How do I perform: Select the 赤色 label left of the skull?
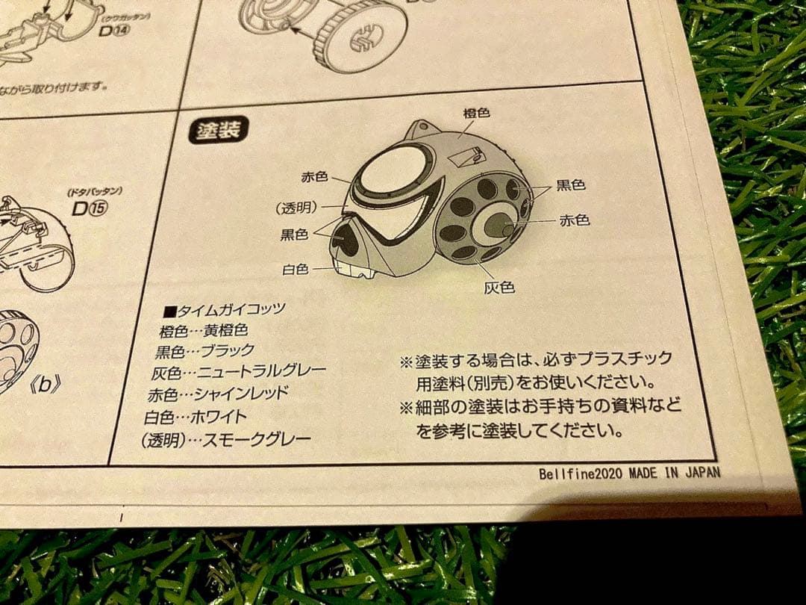click(x=314, y=177)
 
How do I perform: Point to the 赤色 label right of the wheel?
click(x=574, y=220)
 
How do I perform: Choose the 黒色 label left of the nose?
click(x=294, y=235)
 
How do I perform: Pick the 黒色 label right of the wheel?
click(x=570, y=184)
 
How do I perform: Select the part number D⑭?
click(x=113, y=31)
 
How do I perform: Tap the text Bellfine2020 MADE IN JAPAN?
click(x=629, y=474)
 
